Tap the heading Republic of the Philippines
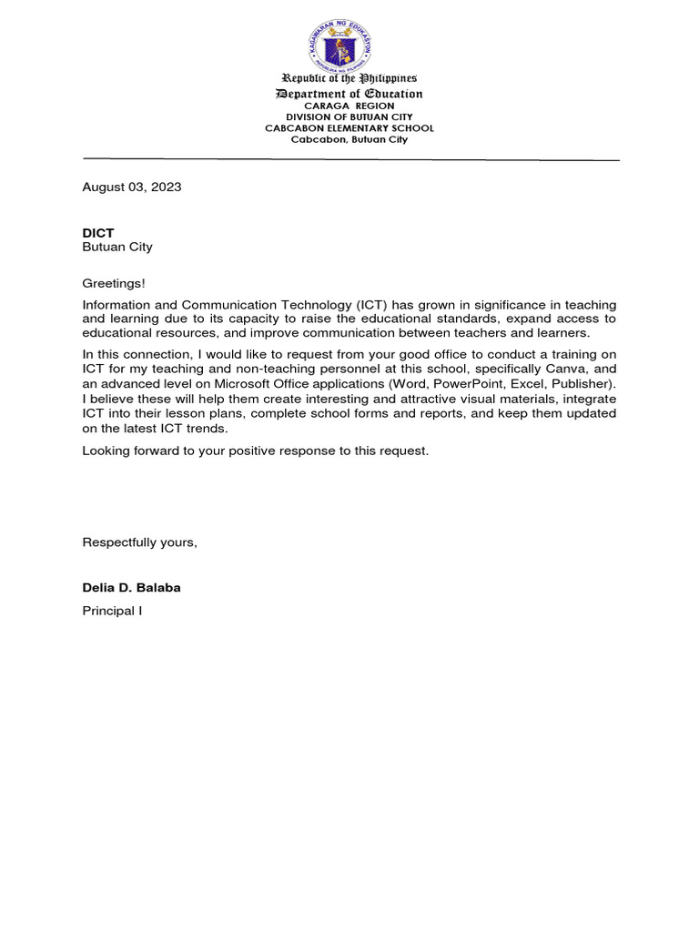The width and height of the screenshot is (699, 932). coord(349,79)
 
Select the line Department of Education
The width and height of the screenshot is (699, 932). coord(349,94)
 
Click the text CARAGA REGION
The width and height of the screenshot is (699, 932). coord(349,106)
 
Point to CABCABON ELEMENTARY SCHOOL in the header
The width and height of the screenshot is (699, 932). coord(349,128)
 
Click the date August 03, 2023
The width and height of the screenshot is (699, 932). coord(132,187)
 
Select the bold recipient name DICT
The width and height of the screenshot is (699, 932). coord(98,233)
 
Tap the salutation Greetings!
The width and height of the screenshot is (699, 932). coord(114,284)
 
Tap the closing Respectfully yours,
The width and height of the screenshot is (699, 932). coord(139,542)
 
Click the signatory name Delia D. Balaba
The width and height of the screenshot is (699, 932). coord(131,588)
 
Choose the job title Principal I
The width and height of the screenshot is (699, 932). coord(112,611)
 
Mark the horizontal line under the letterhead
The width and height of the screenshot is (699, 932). coord(350,159)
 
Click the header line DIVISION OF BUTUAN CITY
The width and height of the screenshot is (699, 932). coord(349,117)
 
